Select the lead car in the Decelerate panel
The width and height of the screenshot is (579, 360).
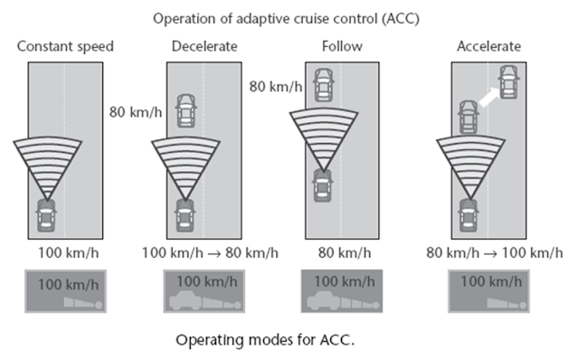(x=186, y=110)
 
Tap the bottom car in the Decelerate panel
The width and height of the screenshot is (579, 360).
(x=185, y=213)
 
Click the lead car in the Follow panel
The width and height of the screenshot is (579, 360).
(x=322, y=83)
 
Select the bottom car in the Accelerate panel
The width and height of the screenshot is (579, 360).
(x=468, y=213)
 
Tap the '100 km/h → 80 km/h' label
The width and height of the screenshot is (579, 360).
(x=210, y=252)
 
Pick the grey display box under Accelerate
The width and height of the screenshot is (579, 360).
(x=489, y=292)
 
